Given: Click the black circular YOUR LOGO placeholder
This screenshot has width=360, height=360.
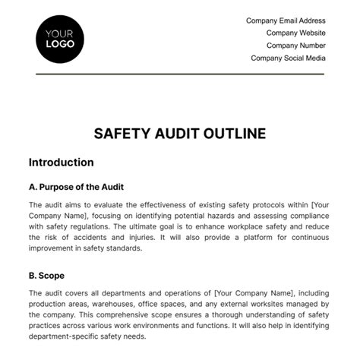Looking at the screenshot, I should [x=59, y=38].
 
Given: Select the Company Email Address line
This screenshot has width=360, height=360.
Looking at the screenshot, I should [x=286, y=21].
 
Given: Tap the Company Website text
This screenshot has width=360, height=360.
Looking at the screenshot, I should [x=295, y=33].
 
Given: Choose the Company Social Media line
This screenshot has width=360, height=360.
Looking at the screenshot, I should [x=288, y=57].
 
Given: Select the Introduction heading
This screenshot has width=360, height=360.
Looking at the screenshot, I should [x=61, y=162].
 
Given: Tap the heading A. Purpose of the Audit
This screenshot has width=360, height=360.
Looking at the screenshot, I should [x=75, y=187].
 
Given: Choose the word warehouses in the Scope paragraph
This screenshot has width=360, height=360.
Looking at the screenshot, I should [x=116, y=301].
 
